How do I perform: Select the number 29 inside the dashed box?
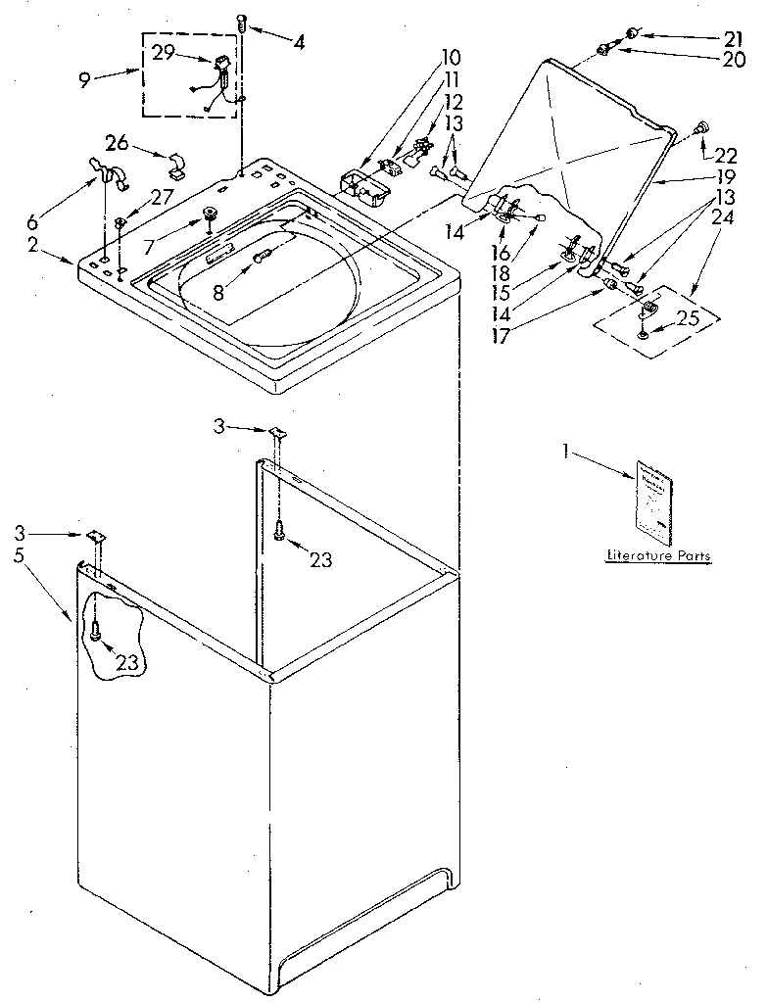click(x=164, y=53)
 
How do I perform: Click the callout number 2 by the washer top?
click(x=33, y=245)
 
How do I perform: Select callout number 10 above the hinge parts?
click(x=451, y=56)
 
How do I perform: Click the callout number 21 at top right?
click(x=734, y=38)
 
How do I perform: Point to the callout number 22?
click(x=725, y=155)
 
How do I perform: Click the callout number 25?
click(x=689, y=317)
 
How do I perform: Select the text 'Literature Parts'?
click(x=657, y=555)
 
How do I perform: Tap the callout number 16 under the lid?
click(x=501, y=253)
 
